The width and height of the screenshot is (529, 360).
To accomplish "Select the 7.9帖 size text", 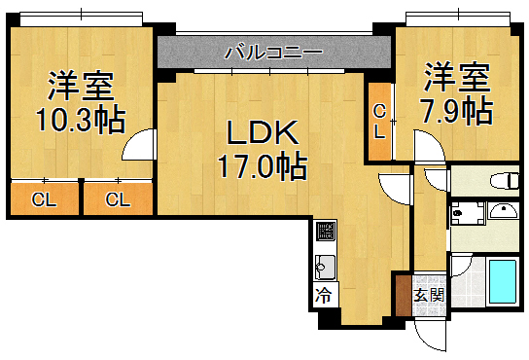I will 454,111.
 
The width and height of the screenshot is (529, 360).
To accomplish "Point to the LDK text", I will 257,132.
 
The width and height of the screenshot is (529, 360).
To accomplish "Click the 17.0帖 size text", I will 258,166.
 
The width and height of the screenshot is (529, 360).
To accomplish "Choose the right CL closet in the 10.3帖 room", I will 118,199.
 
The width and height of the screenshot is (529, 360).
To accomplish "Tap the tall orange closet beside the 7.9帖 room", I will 379,121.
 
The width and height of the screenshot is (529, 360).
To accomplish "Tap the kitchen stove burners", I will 325,233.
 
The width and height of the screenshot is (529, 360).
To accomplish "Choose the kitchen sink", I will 325,266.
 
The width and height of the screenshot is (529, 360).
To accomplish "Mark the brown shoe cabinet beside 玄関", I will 403,294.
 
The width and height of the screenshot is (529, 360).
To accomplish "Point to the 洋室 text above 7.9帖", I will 454,76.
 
